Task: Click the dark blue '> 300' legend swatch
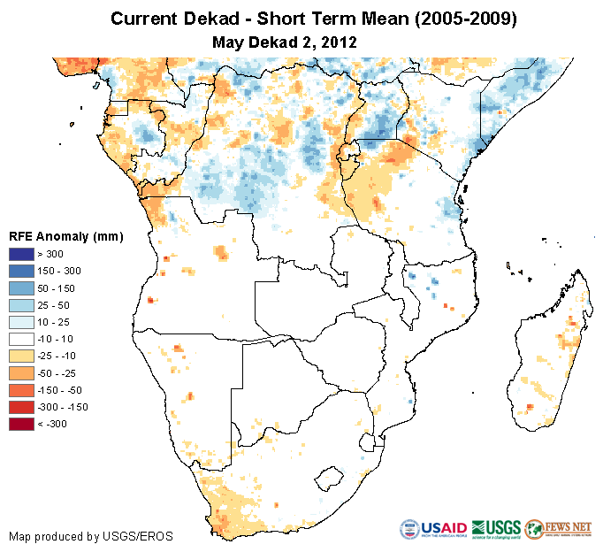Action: tap(23, 255)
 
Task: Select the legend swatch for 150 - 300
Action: tap(23, 272)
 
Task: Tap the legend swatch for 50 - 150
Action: tap(23, 288)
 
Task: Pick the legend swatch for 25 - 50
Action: tap(23, 305)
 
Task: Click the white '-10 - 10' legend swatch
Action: tap(23, 339)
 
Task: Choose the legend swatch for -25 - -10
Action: tap(23, 356)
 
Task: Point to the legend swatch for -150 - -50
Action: tap(23, 390)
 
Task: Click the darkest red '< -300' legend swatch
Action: tap(23, 424)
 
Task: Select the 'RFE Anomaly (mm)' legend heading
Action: tap(65, 237)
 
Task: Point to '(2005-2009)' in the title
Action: tap(462, 19)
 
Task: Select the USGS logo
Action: tap(495, 529)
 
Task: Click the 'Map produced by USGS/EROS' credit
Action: tap(91, 537)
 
